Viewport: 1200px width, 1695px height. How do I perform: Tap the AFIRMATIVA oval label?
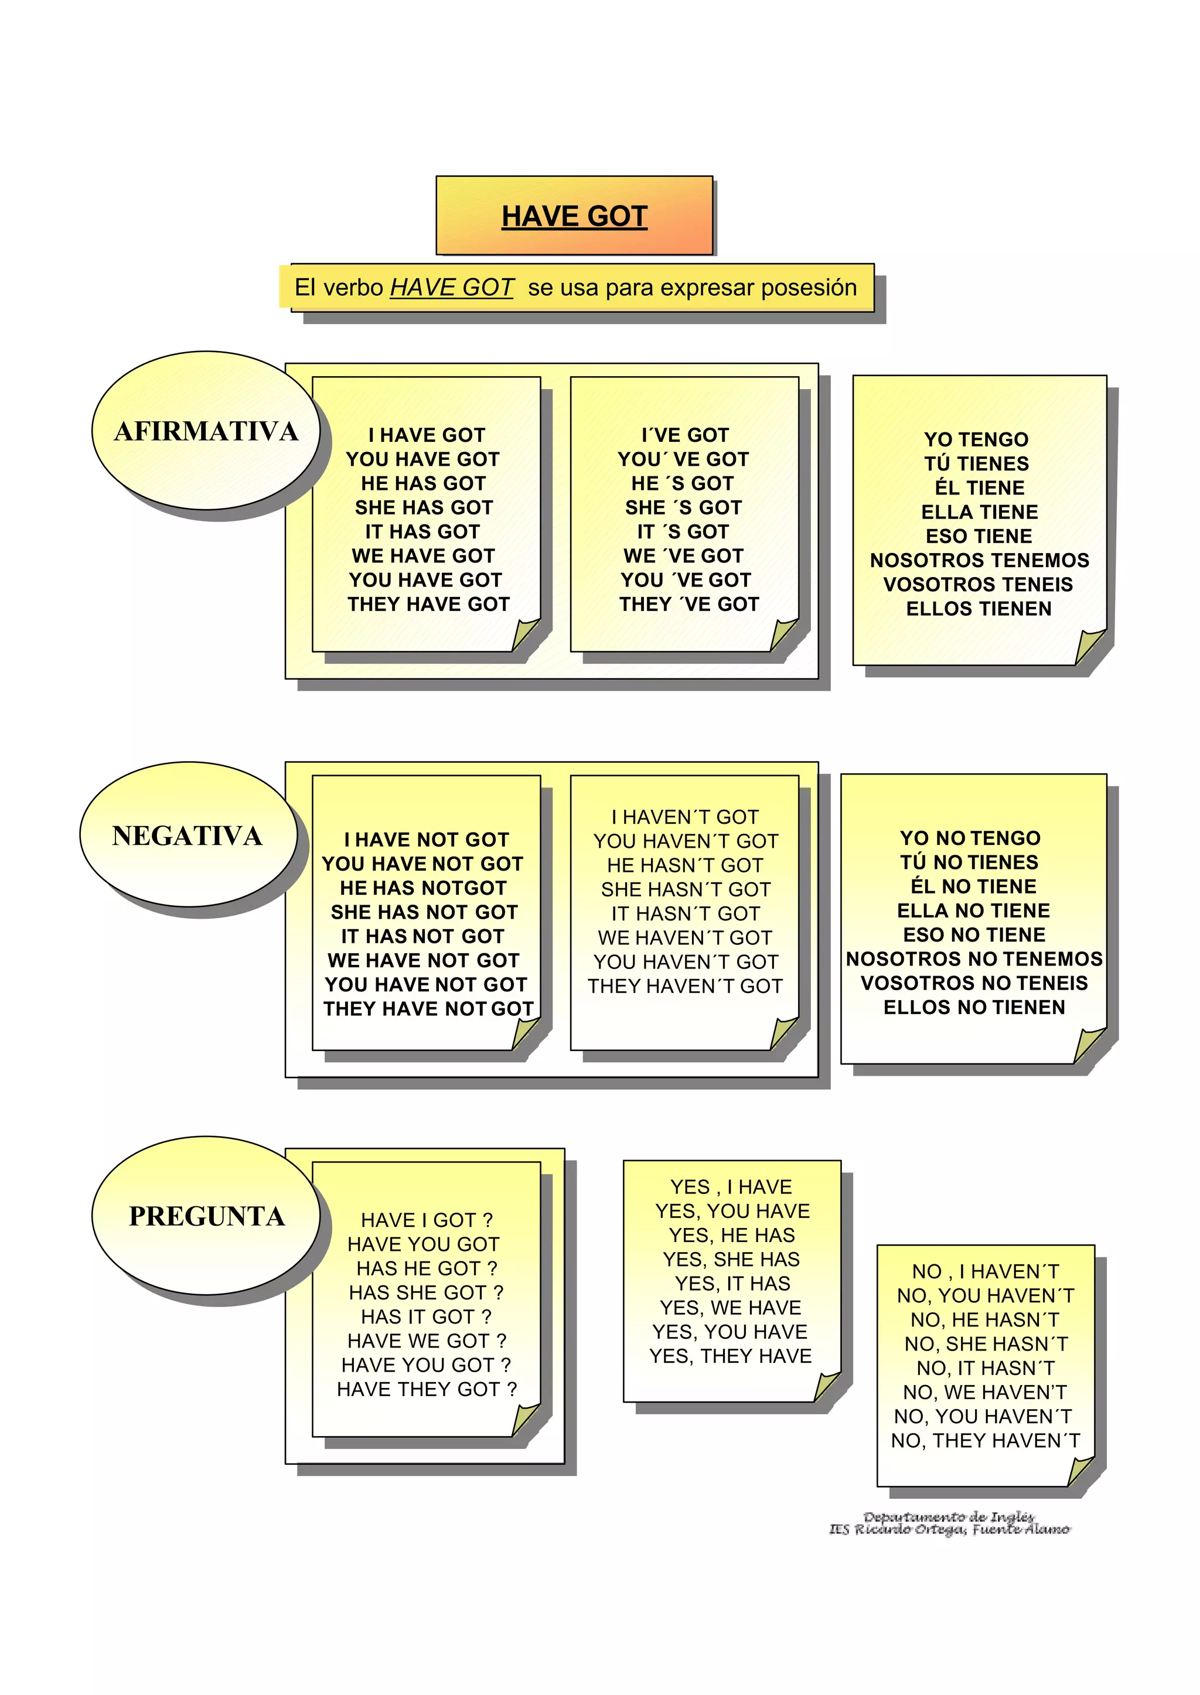pos(206,431)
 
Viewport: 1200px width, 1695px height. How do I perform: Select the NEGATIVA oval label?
pos(187,835)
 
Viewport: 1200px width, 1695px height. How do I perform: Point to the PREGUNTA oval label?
pos(207,1216)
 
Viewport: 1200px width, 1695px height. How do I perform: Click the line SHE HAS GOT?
pos(424,507)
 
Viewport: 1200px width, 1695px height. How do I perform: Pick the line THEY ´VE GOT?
pos(688,605)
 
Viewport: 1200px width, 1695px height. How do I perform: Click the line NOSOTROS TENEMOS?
pos(979,560)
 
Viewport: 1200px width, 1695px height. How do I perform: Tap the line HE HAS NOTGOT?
pos(424,888)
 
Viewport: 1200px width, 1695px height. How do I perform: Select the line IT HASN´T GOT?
pos(685,914)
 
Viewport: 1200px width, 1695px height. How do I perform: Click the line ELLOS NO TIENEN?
pos(974,1007)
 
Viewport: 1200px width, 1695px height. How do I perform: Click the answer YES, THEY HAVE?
pos(730,1356)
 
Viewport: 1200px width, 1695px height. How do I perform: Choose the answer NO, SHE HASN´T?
pos(986,1344)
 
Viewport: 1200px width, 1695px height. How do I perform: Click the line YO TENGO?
pos(976,439)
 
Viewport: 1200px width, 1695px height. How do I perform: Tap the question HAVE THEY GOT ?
pos(427,1389)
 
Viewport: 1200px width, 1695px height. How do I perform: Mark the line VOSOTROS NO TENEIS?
pos(974,984)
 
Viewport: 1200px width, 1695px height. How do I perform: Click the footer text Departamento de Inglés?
pos(949,1517)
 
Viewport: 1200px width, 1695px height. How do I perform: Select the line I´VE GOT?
pos(685,435)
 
